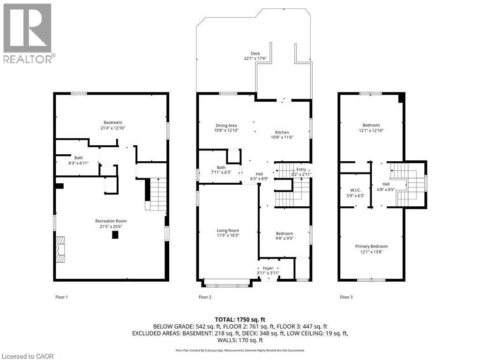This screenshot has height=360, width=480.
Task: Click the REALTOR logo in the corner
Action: point(28,33)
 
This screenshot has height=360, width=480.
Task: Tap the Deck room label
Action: point(255,53)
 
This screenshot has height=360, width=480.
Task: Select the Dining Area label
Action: point(226,125)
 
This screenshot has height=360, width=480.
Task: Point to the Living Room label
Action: point(228,230)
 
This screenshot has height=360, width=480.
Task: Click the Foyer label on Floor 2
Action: point(268,268)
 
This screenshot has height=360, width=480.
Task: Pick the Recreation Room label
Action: point(111,221)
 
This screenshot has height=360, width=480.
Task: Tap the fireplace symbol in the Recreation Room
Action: point(60,251)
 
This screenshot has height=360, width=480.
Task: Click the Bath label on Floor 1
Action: point(78,157)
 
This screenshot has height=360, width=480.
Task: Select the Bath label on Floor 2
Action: point(221,167)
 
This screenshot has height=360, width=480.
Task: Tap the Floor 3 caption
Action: point(346,297)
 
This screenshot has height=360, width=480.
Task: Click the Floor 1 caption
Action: point(61,297)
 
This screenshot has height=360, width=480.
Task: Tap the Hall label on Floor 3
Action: point(385,184)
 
